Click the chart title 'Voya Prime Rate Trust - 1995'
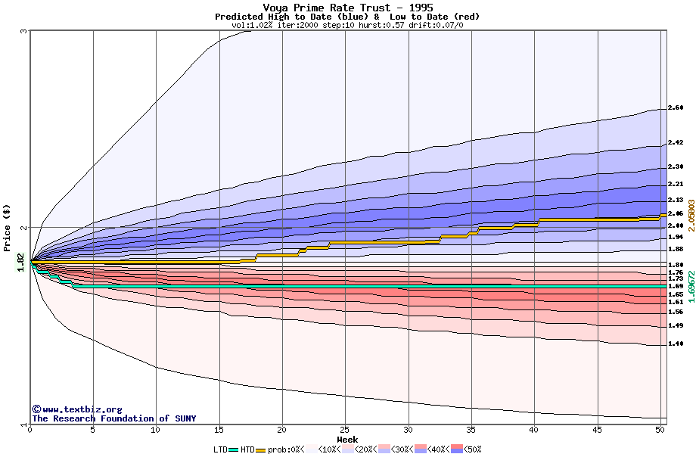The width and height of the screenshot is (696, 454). point(347,8)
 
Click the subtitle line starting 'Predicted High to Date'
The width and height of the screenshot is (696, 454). point(347,17)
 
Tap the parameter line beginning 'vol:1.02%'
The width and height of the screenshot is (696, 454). point(347,25)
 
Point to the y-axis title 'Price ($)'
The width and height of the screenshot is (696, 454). point(8,227)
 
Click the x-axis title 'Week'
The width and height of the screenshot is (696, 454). point(347,439)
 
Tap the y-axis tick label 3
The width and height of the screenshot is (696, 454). point(24,31)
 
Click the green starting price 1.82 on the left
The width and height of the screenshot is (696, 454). point(21,263)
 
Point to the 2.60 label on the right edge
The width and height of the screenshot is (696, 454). point(676,108)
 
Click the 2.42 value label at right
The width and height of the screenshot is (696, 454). point(676,143)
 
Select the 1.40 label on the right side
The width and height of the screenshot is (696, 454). point(676,344)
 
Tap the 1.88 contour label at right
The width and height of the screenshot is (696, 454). point(676,249)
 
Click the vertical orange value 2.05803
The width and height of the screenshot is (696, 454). point(691,214)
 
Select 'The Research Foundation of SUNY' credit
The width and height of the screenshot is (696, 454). point(113,418)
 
